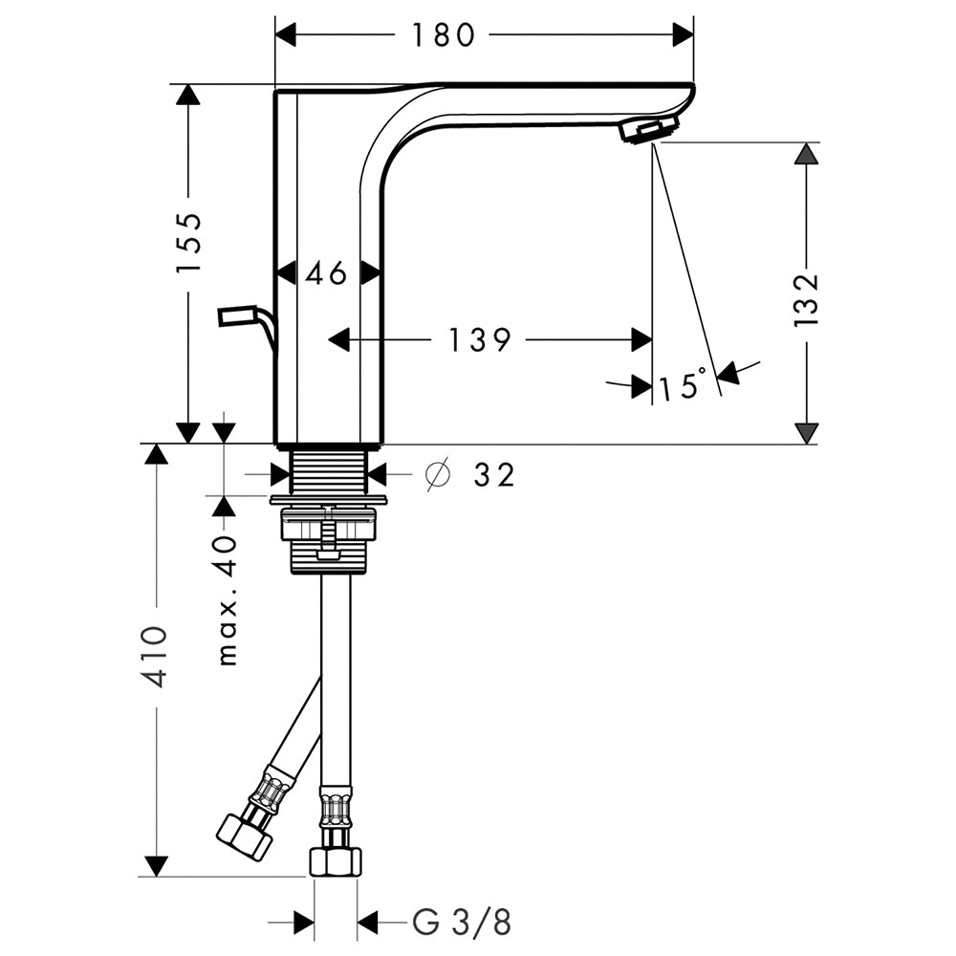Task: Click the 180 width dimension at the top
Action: [444, 34]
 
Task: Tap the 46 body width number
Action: [326, 272]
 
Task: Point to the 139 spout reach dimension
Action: [480, 339]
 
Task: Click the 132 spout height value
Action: [806, 300]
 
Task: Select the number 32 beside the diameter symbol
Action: [494, 474]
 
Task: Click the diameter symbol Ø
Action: [438, 474]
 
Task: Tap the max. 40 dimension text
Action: [226, 600]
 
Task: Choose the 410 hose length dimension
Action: [153, 657]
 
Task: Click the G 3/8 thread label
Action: [462, 922]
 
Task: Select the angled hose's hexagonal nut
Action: [245, 836]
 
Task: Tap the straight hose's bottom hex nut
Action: [336, 862]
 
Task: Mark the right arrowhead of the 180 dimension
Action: [684, 34]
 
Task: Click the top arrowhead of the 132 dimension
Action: [807, 153]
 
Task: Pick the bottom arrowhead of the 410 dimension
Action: [156, 866]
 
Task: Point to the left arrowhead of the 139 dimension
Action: [339, 339]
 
